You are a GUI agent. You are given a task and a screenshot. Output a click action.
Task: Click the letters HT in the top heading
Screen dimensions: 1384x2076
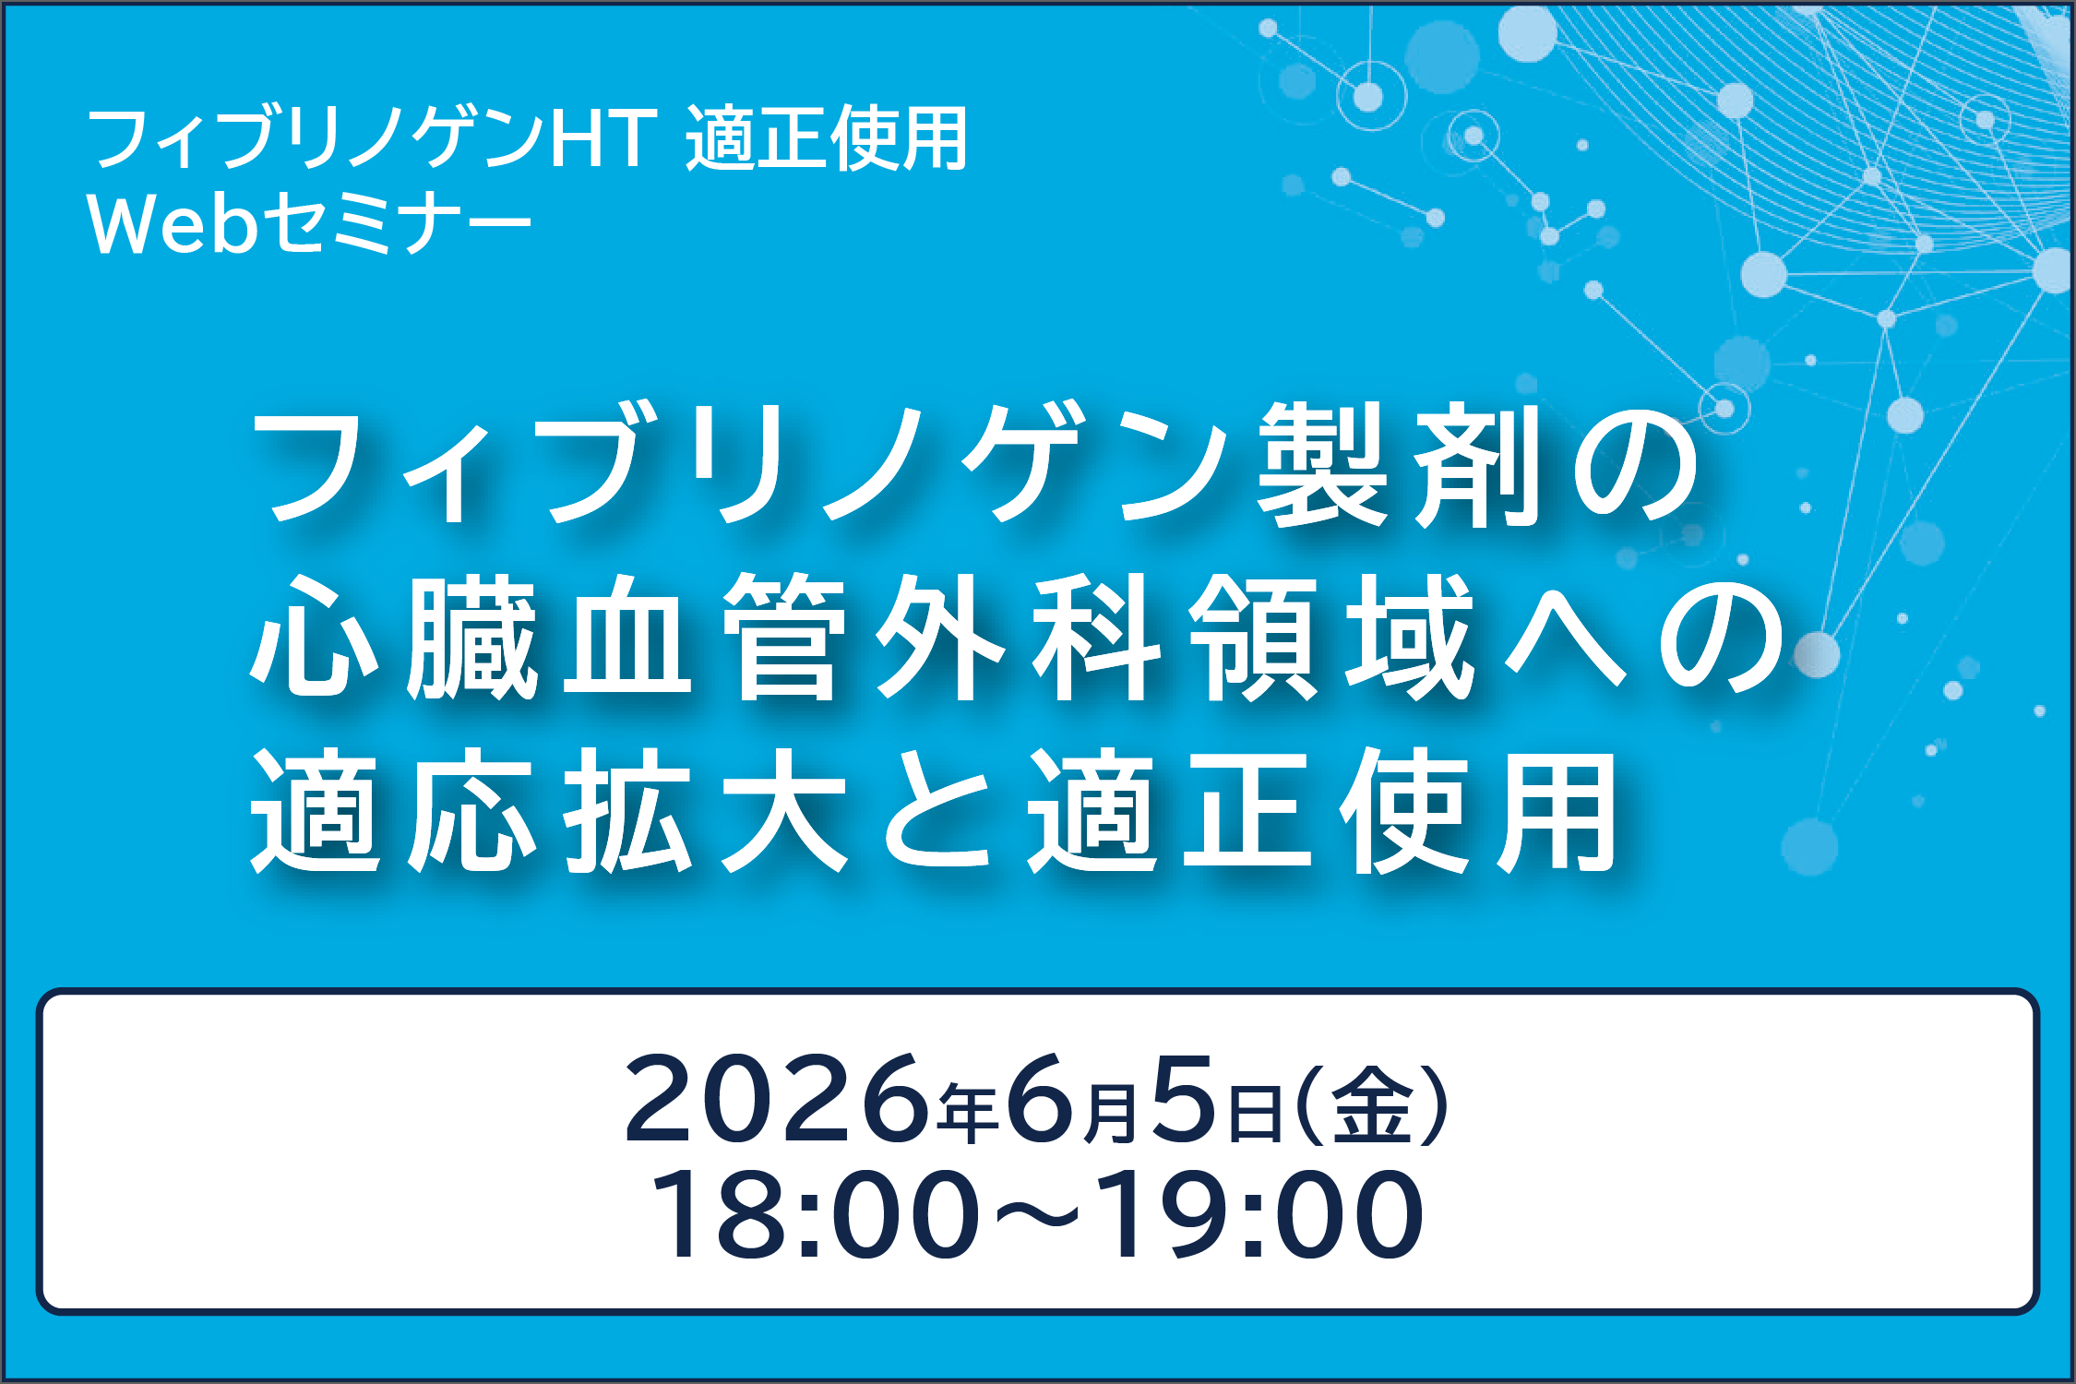(604, 138)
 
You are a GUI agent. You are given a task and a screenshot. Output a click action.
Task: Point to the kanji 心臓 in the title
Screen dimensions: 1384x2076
(394, 636)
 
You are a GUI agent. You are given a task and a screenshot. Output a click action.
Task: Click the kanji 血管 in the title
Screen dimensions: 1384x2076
(706, 636)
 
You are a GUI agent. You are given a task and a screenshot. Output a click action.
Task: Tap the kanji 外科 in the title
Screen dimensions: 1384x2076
(1018, 636)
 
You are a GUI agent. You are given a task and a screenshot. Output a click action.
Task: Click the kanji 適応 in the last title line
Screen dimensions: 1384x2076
(394, 811)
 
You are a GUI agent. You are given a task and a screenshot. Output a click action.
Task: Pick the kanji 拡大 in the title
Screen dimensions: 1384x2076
(706, 811)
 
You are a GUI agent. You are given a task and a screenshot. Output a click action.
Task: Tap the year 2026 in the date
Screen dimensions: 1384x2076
(776, 1099)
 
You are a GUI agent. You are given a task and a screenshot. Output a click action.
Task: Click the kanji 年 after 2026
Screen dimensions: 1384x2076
(968, 1112)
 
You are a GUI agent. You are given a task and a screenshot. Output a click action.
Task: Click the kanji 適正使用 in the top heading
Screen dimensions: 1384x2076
(826, 138)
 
